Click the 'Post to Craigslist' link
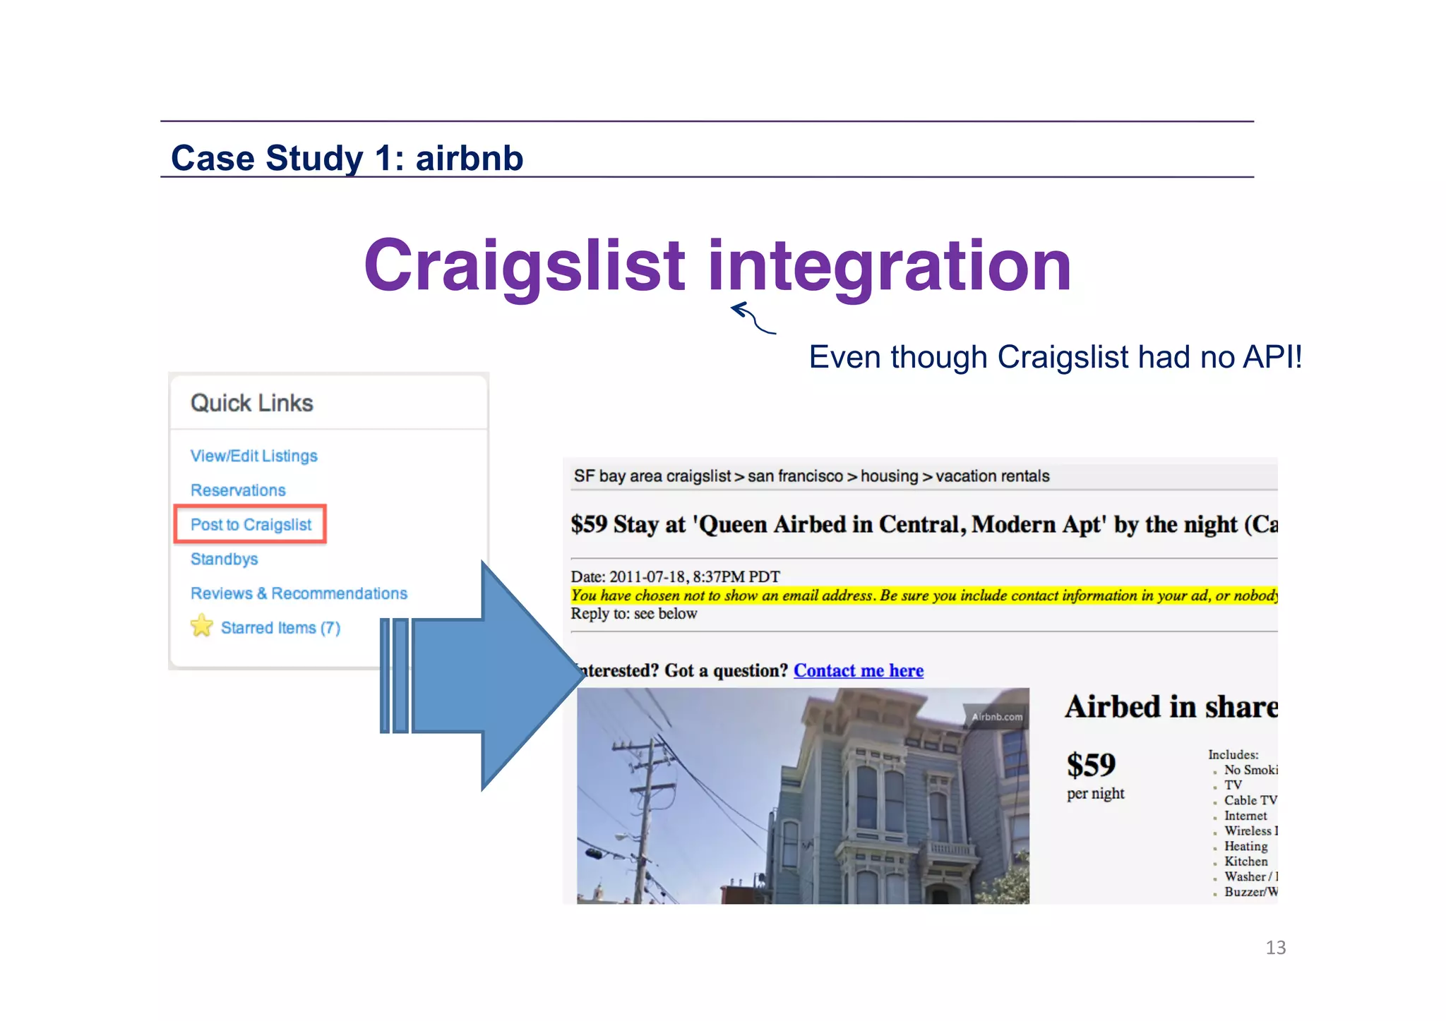pyautogui.click(x=251, y=525)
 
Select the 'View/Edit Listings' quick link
pyautogui.click(x=253, y=456)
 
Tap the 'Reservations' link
pyautogui.click(x=238, y=490)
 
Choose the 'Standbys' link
pyautogui.click(x=224, y=560)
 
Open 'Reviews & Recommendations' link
pyautogui.click(x=299, y=593)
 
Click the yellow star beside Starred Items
pyautogui.click(x=202, y=626)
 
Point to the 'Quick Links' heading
pyautogui.click(x=251, y=403)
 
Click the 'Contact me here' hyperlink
pyautogui.click(x=858, y=670)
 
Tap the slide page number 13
pyautogui.click(x=1275, y=948)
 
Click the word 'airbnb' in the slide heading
pyautogui.click(x=470, y=158)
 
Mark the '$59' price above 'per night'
pyautogui.click(x=1091, y=765)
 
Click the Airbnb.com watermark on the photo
pyautogui.click(x=996, y=717)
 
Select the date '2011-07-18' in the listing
pyautogui.click(x=646, y=576)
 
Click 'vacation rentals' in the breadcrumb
pyautogui.click(x=992, y=476)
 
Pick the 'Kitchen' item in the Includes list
pyautogui.click(x=1245, y=862)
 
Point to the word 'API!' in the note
pyautogui.click(x=1272, y=357)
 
